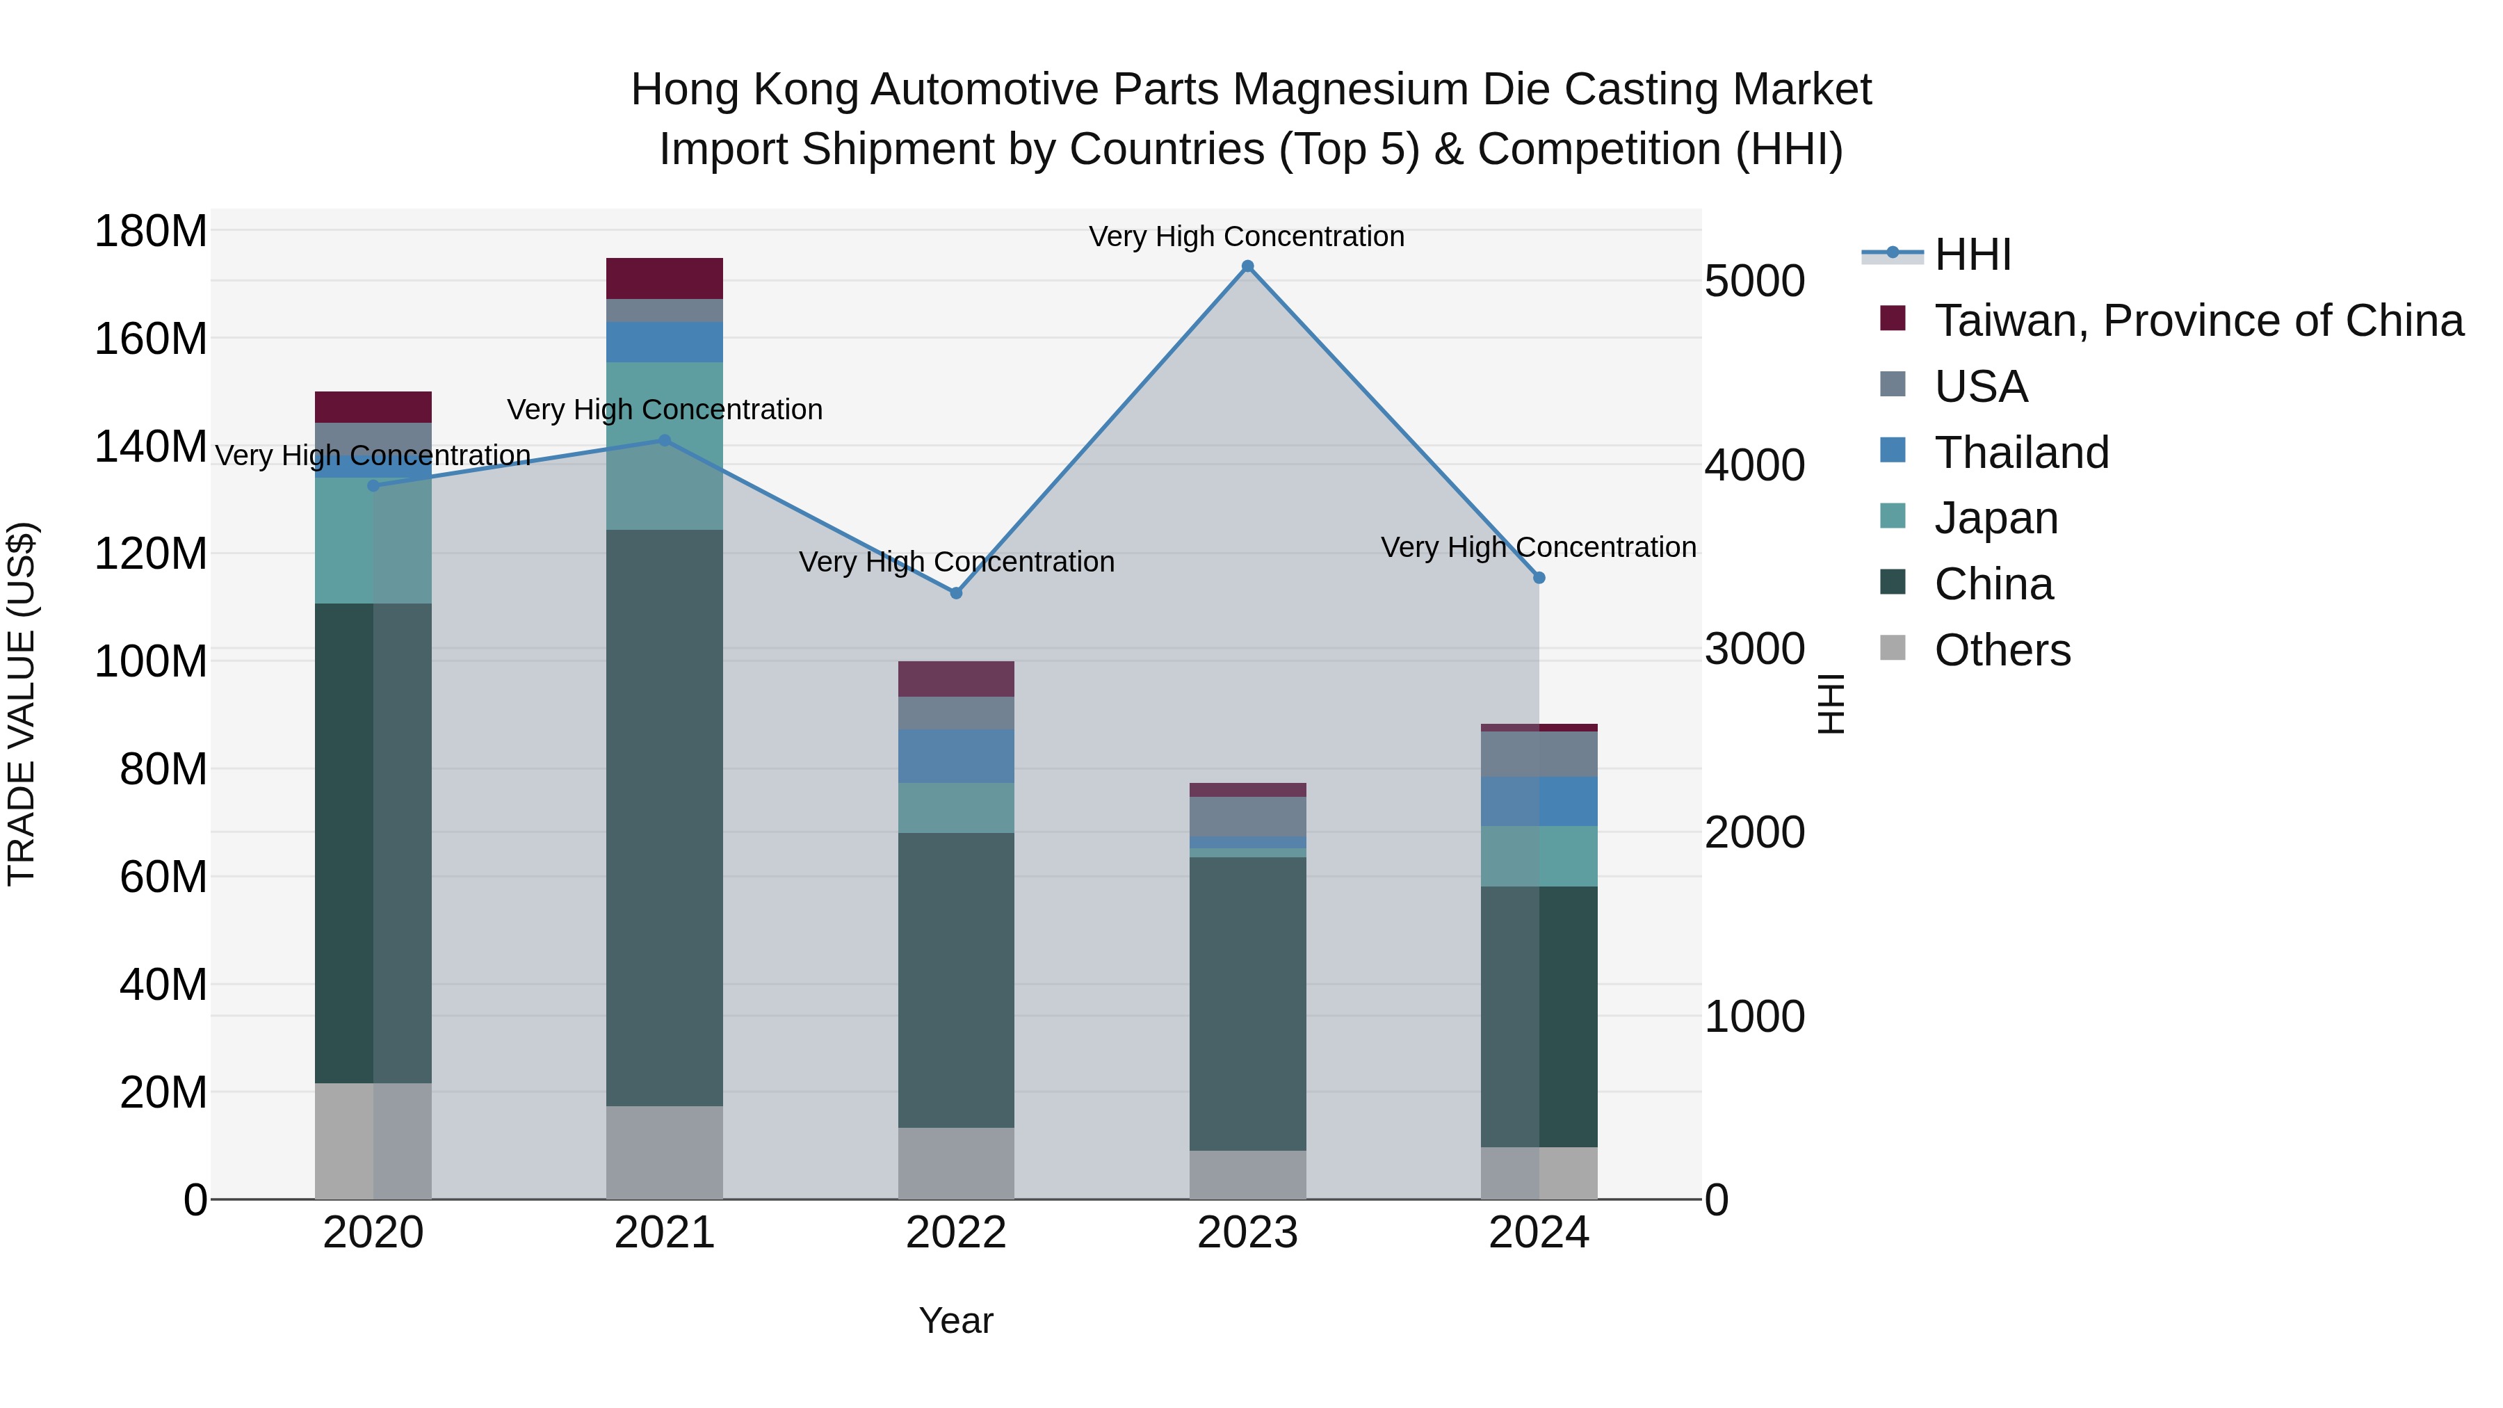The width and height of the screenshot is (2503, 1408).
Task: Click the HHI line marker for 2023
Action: (1247, 266)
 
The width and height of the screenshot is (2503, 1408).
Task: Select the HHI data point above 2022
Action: (956, 592)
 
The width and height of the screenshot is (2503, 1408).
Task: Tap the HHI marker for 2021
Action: (665, 440)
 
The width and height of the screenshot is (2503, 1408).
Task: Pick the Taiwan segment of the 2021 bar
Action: (665, 279)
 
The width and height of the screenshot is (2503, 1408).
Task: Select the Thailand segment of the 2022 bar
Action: (956, 756)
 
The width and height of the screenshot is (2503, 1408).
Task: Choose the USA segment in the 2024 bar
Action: (1539, 754)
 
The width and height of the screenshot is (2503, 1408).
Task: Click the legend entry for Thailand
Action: (2021, 453)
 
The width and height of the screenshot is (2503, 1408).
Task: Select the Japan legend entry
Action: (1995, 518)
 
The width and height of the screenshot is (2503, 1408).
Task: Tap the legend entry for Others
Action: (2002, 650)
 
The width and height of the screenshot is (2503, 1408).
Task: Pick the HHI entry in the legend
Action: (1973, 254)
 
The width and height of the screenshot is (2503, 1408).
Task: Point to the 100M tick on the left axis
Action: (151, 662)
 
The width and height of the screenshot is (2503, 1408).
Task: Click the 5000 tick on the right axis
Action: (1754, 281)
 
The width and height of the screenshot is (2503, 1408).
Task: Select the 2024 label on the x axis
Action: (1539, 1233)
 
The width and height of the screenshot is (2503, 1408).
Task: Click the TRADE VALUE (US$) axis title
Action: (22, 704)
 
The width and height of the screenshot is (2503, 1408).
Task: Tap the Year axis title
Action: (956, 1320)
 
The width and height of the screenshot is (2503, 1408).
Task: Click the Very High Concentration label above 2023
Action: (1247, 236)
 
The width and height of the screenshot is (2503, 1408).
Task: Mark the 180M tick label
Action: (151, 232)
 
